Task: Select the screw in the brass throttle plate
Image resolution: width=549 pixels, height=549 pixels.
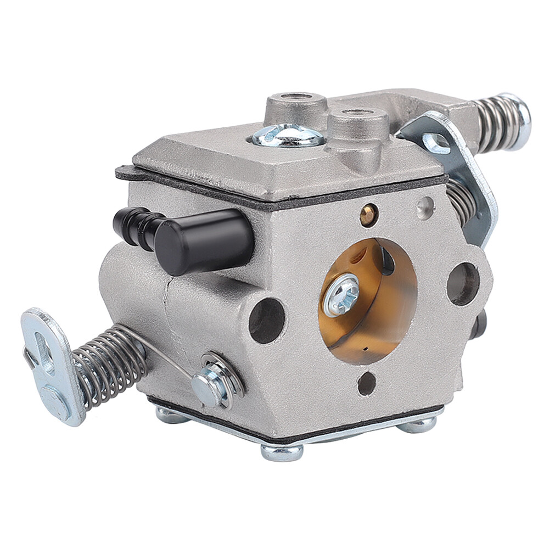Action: point(341,294)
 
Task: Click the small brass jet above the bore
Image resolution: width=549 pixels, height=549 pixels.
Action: point(368,215)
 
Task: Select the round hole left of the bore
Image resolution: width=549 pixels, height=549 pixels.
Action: point(267,321)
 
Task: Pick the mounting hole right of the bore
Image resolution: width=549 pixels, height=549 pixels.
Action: point(462,283)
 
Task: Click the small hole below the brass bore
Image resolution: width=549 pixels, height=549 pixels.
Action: point(366,384)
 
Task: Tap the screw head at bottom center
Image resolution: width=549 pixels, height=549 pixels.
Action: point(282,451)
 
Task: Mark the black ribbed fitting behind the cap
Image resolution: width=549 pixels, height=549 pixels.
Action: point(135,225)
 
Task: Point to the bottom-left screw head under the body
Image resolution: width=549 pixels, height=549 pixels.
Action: point(170,414)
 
